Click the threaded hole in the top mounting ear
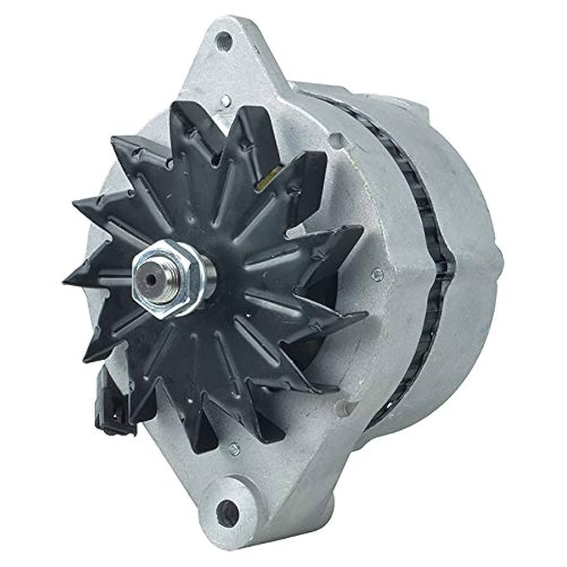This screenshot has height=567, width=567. tap(224, 41)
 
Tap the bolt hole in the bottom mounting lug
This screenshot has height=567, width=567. tap(227, 511)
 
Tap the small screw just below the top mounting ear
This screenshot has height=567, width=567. tap(225, 100)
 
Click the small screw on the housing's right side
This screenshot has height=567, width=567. tap(377, 274)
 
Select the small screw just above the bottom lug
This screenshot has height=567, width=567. tap(234, 449)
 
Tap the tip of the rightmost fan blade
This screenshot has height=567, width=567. tap(366, 313)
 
